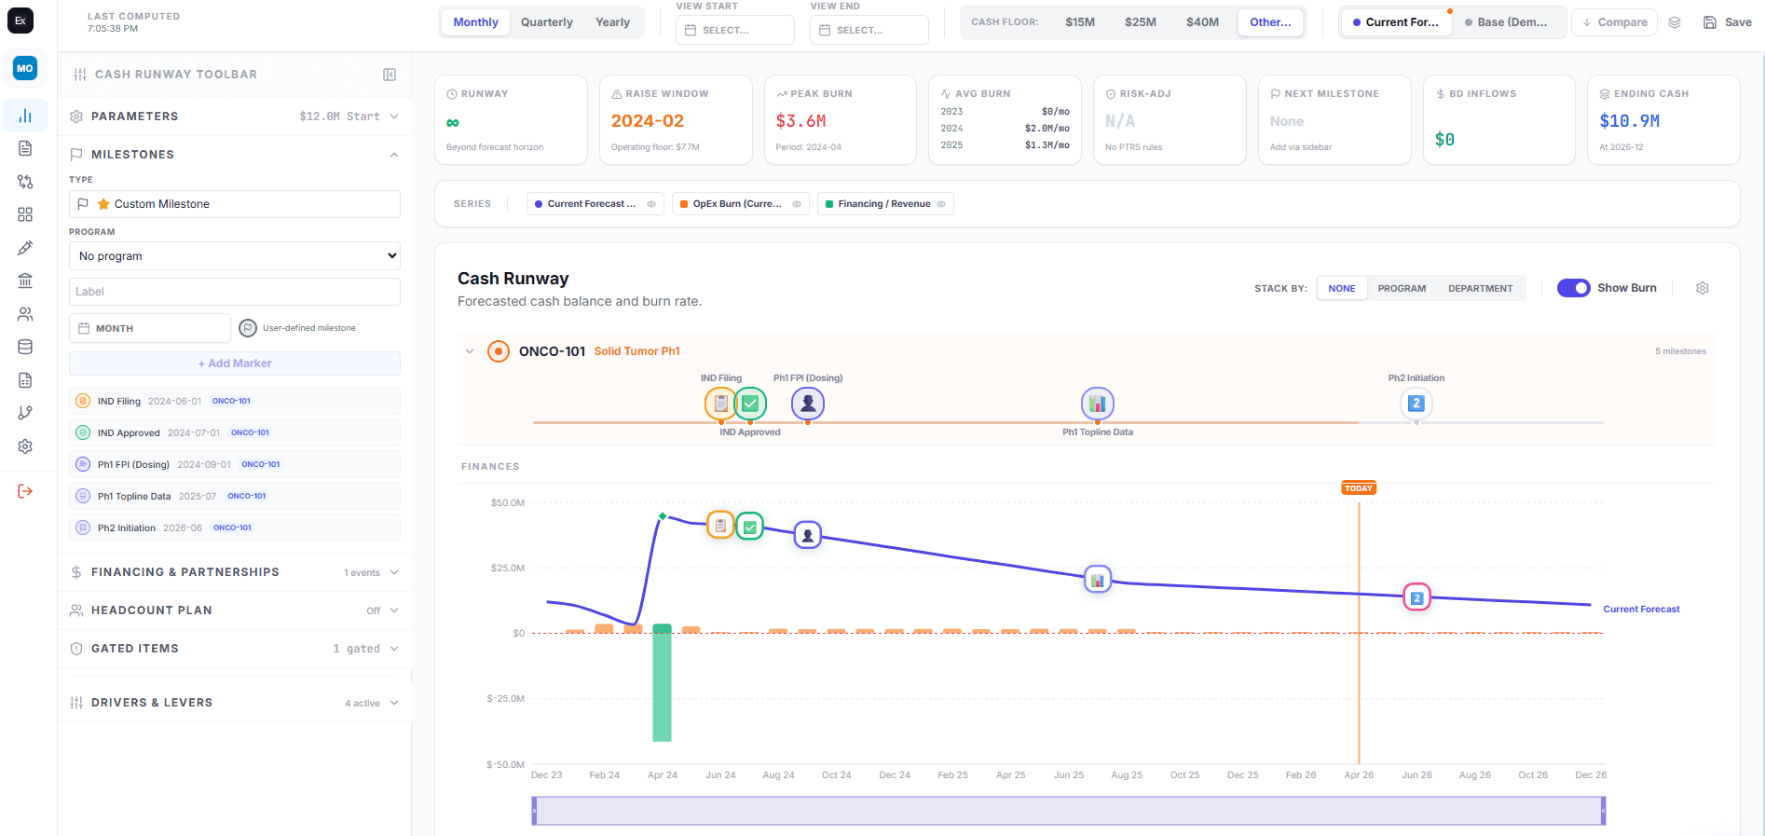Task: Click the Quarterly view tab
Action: click(x=546, y=22)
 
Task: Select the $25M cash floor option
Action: click(x=1140, y=22)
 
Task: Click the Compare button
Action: click(x=1614, y=22)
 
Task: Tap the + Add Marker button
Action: click(x=235, y=363)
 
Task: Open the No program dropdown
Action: click(x=235, y=256)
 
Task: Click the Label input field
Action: click(x=235, y=292)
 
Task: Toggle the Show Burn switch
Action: click(x=1573, y=288)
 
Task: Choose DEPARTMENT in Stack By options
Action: click(x=1480, y=289)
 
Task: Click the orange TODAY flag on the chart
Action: click(x=1358, y=488)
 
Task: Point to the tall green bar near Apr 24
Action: click(x=662, y=685)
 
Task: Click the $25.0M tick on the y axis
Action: click(x=507, y=568)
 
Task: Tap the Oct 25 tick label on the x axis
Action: click(x=1184, y=775)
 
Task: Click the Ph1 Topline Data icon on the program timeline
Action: click(x=1097, y=404)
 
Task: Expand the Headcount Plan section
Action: click(x=235, y=610)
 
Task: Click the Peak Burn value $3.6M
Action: click(x=800, y=121)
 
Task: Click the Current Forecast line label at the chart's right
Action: click(x=1640, y=610)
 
